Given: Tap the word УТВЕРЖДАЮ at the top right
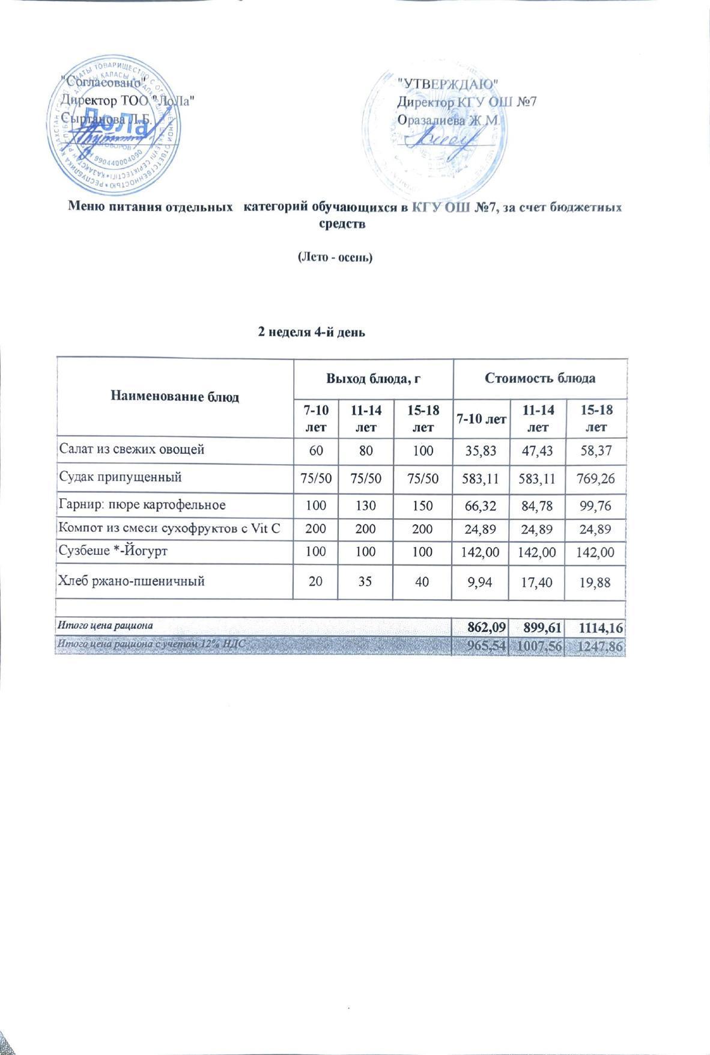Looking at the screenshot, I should point(447,82).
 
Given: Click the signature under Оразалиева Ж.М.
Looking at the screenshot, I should point(442,140).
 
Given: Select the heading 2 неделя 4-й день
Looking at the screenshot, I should point(311,332).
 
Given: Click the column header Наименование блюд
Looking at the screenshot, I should point(175,397).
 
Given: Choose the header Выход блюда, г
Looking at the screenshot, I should point(372,379).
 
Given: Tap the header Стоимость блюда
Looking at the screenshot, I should point(539,379).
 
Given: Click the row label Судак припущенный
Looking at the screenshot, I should point(120,477).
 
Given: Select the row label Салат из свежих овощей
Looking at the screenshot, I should point(132,449).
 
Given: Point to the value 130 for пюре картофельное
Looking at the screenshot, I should point(363,505).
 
